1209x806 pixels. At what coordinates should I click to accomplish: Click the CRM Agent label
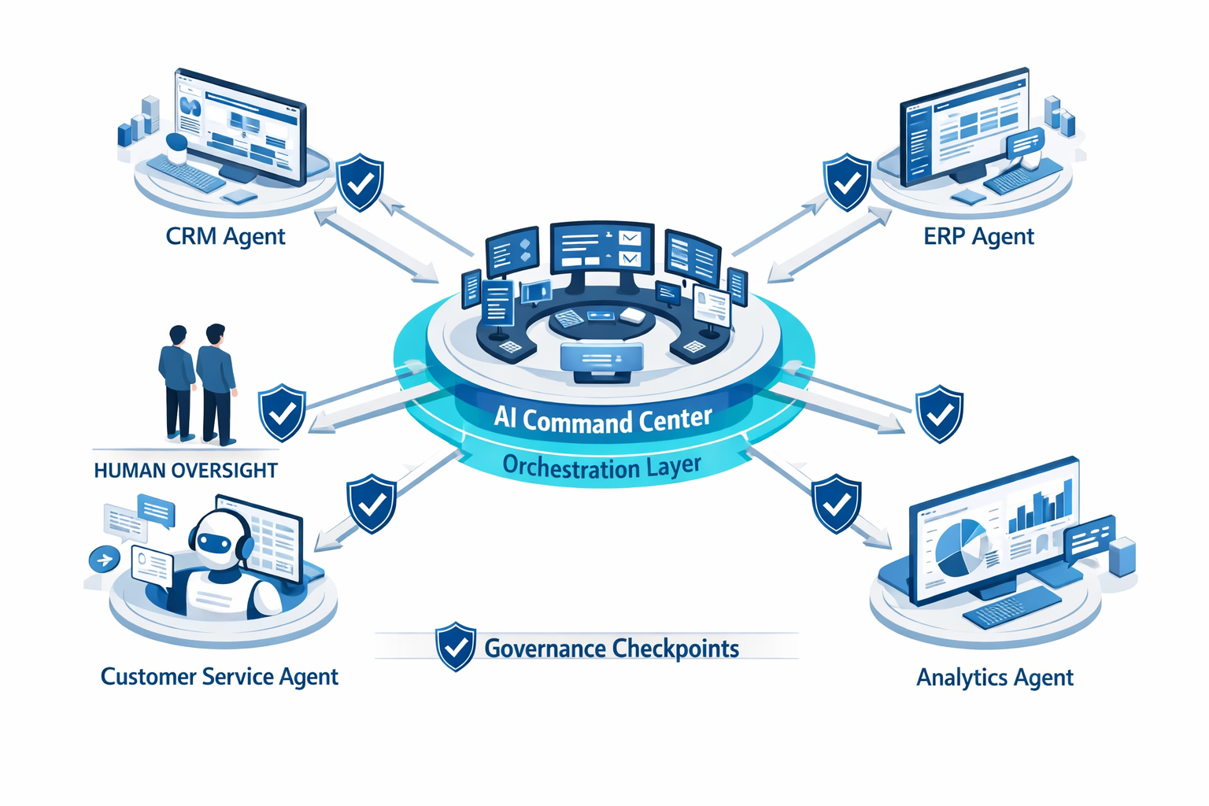point(225,236)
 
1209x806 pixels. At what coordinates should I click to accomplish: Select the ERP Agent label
point(978,236)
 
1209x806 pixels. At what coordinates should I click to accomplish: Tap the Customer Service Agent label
point(219,677)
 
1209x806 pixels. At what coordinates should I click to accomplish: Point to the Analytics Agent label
point(995,678)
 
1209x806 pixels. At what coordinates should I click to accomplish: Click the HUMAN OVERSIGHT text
point(186,471)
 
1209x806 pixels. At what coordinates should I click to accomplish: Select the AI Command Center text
point(603,420)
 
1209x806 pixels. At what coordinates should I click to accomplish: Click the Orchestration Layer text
point(601,467)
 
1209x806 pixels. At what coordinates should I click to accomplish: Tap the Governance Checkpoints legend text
point(612,649)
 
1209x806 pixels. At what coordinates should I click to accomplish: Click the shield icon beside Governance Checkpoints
point(455,646)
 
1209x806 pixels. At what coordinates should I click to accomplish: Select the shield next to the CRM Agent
point(360,183)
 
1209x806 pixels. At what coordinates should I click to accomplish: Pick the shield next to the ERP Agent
point(847,183)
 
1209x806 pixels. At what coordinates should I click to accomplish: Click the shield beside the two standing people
point(282,412)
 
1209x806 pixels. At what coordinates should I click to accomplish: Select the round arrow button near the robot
point(104,560)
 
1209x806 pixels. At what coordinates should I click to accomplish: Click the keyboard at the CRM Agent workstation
point(186,173)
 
